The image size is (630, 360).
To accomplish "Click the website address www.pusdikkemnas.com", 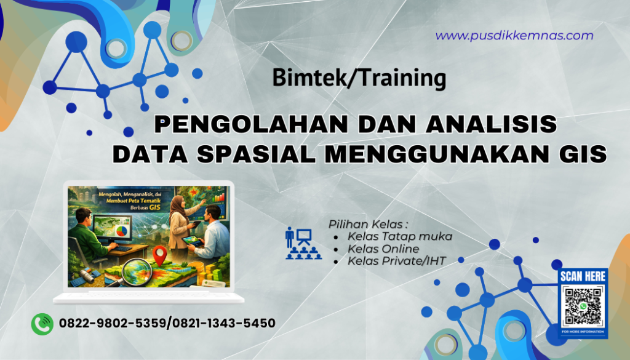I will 514,36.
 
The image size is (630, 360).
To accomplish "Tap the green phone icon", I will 42,323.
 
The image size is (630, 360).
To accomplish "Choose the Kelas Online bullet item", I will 383,249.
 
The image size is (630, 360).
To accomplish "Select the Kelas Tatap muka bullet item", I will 400,236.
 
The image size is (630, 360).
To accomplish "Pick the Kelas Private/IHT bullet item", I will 397,262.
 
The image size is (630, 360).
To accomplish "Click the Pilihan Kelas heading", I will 369,223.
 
